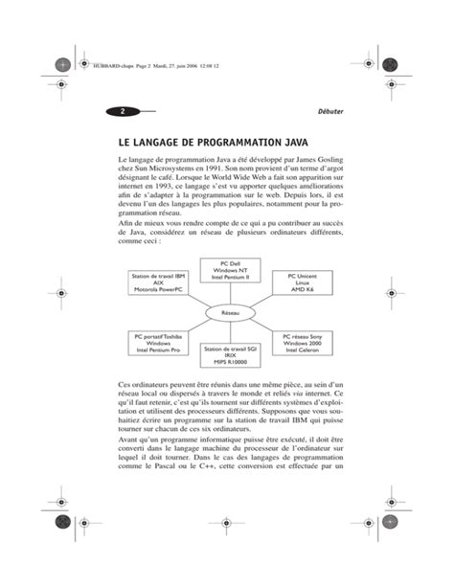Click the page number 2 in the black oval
[x=123, y=111]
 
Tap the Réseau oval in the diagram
[x=231, y=313]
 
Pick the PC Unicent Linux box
[x=303, y=282]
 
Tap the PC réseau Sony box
[x=305, y=345]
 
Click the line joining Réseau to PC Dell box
[x=231, y=295]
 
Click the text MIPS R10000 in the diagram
[x=231, y=362]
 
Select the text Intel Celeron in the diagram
[x=305, y=352]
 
